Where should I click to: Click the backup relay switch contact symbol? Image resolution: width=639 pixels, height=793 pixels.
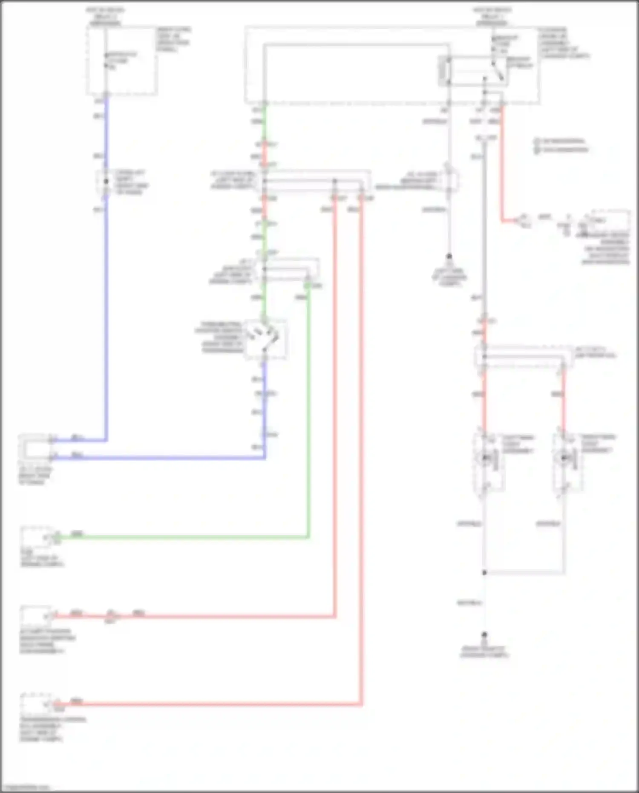(498, 70)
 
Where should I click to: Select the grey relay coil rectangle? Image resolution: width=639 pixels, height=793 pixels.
(444, 71)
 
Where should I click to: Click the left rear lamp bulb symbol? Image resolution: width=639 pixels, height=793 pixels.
(485, 458)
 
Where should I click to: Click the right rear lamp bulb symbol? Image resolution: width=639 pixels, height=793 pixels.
(564, 458)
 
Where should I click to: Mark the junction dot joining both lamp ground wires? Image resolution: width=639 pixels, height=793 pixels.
(484, 573)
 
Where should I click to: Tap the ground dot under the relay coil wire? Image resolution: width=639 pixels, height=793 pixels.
(449, 257)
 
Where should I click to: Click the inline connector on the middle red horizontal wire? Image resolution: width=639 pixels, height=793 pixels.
(112, 615)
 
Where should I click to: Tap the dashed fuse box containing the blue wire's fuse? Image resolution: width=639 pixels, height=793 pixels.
(122, 61)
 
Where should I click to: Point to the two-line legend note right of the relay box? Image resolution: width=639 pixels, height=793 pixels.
(561, 145)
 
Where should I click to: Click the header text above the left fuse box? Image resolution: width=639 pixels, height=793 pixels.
(105, 16)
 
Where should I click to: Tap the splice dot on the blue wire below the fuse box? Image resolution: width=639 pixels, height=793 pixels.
(106, 182)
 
